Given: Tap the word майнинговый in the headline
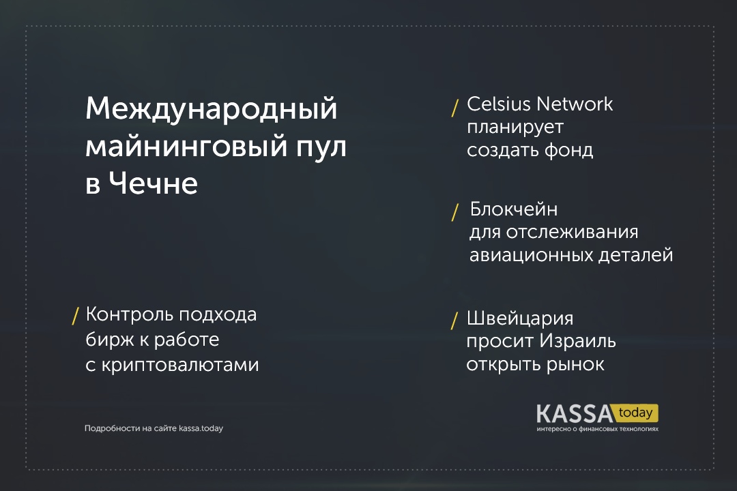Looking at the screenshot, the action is tap(186, 147).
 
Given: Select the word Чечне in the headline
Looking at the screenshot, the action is tap(154, 183).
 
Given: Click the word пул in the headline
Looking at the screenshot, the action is tap(321, 147).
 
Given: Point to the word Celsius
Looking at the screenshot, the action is tap(498, 104).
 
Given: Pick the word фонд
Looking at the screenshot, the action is tap(568, 150).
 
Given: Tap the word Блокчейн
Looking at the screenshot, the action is tap(514, 209).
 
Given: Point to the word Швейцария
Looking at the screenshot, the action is tap(520, 318).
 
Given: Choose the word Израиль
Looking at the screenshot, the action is tap(577, 341).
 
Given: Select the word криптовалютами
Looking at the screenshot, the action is tap(180, 365).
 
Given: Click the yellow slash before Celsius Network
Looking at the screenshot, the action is tap(455, 108).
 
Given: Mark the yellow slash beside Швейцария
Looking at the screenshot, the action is tap(454, 321).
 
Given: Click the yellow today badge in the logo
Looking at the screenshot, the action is tap(636, 413).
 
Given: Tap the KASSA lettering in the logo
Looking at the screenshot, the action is tap(575, 414).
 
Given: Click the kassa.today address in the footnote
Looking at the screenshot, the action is tap(201, 428).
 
